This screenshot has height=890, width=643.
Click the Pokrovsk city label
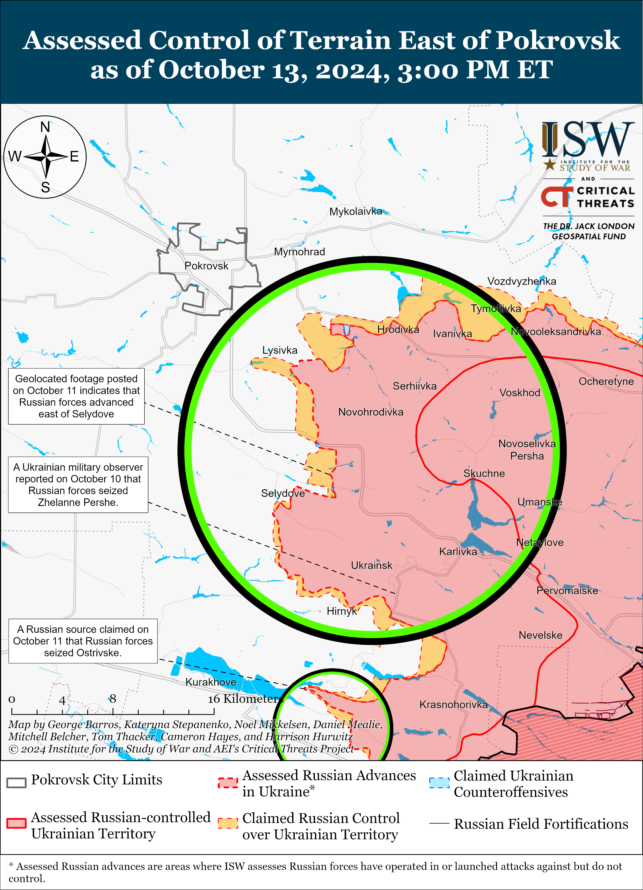click(206, 266)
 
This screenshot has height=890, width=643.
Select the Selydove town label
click(283, 493)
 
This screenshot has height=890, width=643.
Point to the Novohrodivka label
click(371, 412)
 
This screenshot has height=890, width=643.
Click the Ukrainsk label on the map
click(371, 565)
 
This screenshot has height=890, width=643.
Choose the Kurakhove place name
click(211, 682)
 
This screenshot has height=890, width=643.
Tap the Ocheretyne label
click(606, 381)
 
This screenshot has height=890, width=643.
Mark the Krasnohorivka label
click(453, 704)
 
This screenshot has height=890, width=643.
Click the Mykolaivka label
click(355, 211)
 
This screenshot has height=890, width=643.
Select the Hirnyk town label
click(341, 611)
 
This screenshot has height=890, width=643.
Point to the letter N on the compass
click(45, 127)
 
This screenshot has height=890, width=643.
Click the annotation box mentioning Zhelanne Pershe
click(78, 485)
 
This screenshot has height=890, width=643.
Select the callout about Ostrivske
click(83, 641)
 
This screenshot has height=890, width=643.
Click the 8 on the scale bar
click(113, 699)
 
